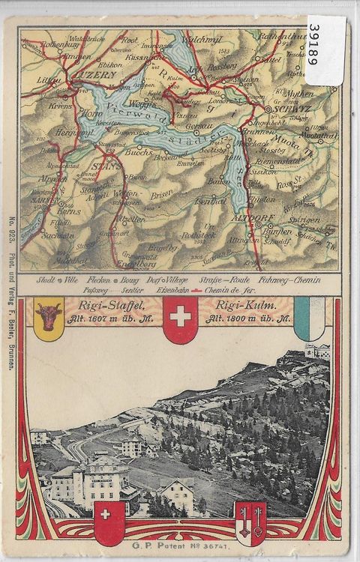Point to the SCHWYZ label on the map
[283, 109]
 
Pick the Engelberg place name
[135, 264]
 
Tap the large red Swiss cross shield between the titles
[180, 318]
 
